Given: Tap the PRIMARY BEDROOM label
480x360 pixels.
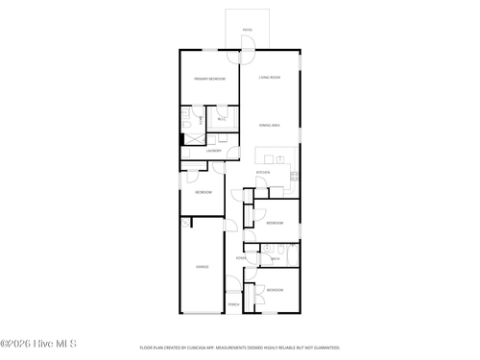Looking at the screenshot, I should [209, 79].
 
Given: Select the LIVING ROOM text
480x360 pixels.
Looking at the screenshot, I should [269, 77].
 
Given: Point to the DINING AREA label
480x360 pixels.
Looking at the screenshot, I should [269, 126].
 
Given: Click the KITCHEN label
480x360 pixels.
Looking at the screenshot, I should [262, 173].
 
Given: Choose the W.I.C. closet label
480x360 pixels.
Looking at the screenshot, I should [222, 119].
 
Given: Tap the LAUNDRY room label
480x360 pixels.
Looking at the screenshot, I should [214, 151].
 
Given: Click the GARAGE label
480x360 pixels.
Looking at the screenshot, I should [203, 266].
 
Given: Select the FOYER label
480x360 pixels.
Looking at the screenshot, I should [242, 257].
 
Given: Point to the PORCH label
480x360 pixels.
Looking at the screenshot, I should [233, 304].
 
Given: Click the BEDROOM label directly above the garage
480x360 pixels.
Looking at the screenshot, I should [204, 193].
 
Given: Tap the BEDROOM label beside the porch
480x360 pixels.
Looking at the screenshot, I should [275, 289].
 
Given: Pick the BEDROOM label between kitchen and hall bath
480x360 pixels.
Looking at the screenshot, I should [275, 223].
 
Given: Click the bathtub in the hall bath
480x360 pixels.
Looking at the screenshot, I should [289, 256].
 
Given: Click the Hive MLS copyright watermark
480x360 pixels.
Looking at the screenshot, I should [38, 344].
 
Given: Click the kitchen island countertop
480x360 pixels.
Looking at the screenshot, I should [276, 155].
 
